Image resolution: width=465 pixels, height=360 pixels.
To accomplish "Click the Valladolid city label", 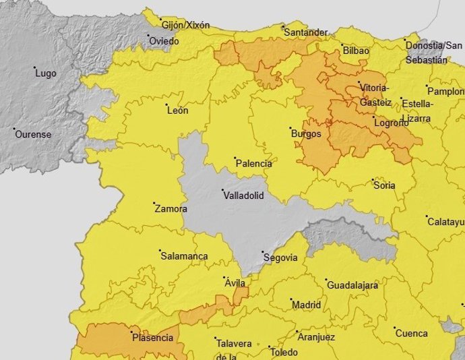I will point(244,196).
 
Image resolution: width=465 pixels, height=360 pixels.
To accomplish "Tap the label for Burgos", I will point(306,133).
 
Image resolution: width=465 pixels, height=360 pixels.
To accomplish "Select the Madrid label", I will point(306,305).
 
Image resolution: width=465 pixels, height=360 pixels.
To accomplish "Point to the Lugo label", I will point(45,73).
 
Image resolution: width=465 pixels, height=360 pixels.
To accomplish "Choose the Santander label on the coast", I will point(306,32).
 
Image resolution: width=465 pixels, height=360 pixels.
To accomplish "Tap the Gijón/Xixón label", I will point(185,26).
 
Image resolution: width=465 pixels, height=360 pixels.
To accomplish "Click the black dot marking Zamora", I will point(154,204).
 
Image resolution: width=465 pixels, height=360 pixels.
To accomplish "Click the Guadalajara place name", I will point(352,285).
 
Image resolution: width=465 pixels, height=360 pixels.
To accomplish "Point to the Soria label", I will point(383,185).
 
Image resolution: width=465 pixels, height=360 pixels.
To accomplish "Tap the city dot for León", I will point(166,105).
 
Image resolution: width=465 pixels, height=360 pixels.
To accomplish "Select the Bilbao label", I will point(356,51).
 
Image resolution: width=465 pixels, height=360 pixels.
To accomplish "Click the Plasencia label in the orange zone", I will point(152,337).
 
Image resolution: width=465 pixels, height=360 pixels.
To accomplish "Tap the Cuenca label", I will point(411,333).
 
